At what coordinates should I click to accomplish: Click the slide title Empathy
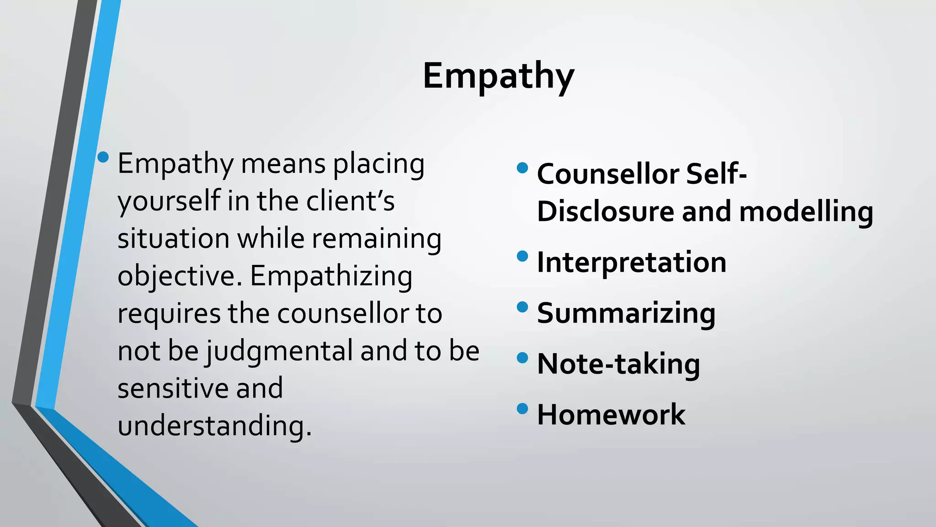tap(498, 76)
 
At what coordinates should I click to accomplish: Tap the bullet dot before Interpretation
tap(522, 256)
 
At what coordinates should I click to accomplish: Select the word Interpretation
tap(631, 263)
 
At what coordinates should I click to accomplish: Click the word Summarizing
tap(626, 314)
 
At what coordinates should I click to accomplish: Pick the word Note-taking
tap(618, 364)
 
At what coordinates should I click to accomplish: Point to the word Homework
tap(611, 415)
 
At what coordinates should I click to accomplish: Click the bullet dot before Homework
tap(522, 408)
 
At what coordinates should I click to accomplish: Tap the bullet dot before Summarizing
tap(522, 307)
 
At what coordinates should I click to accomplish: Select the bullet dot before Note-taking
tap(522, 357)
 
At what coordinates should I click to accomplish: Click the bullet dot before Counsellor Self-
tap(522, 168)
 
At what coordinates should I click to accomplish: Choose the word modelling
tap(806, 212)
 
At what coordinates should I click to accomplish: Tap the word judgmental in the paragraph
tap(279, 351)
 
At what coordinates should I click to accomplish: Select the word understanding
tap(214, 426)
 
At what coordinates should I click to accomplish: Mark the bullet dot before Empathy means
tap(103, 157)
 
